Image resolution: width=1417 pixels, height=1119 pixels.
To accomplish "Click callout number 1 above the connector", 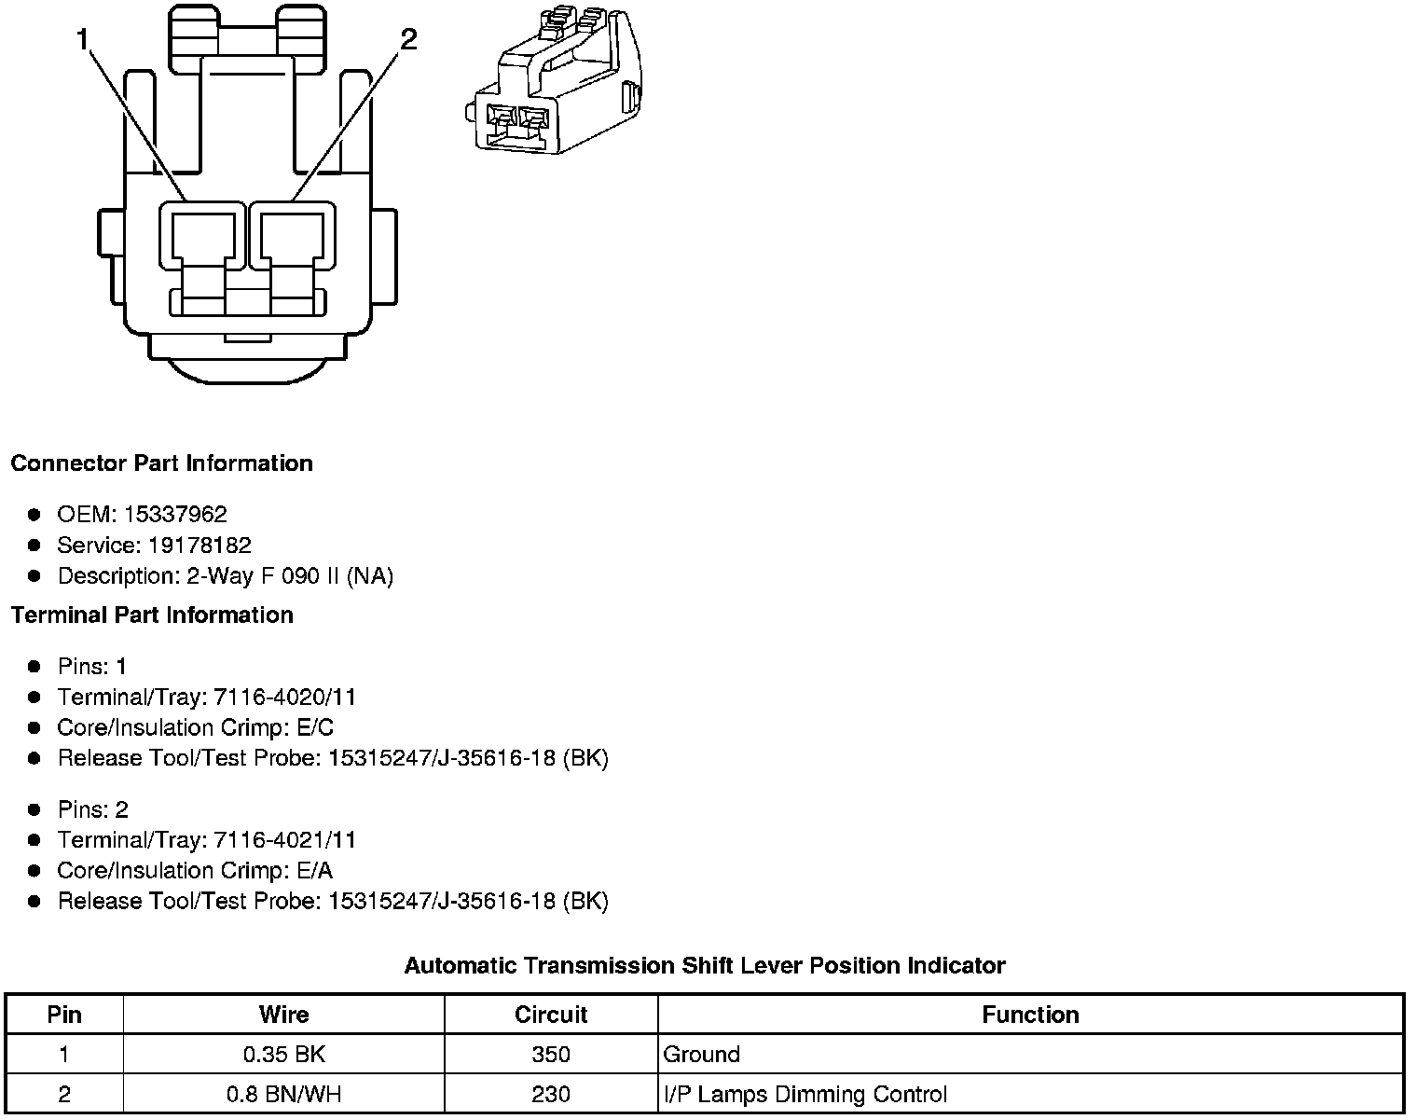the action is tap(82, 39).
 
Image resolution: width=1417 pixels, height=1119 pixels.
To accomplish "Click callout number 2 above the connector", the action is tap(408, 39).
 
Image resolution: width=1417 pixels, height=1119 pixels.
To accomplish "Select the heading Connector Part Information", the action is tap(162, 463).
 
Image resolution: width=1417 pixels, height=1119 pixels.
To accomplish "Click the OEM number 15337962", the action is tap(175, 514).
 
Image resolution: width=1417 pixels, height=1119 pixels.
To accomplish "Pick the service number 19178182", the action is tap(199, 545).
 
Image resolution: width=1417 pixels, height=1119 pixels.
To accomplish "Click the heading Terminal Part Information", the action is tap(152, 615).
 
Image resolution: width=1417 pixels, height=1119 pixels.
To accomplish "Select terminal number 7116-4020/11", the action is tap(284, 697).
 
